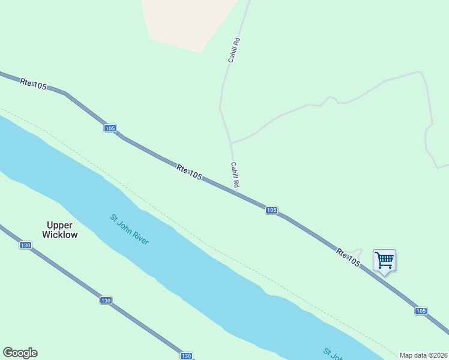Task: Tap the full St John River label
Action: pyautogui.click(x=129, y=229)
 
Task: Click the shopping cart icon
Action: pyautogui.click(x=384, y=260)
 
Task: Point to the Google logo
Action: pyautogui.click(x=20, y=353)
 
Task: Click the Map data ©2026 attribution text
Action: pyautogui.click(x=423, y=355)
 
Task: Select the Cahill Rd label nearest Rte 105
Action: pyautogui.click(x=235, y=175)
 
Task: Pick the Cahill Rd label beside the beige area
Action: pyautogui.click(x=234, y=50)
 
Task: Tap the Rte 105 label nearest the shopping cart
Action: pyautogui.click(x=348, y=258)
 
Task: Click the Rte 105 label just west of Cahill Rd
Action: pyautogui.click(x=189, y=172)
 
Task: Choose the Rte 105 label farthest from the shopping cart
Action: pyautogui.click(x=33, y=84)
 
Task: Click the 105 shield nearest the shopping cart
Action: pyautogui.click(x=421, y=311)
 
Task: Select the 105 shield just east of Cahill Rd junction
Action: pyautogui.click(x=271, y=210)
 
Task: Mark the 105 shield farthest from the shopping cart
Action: pyautogui.click(x=109, y=128)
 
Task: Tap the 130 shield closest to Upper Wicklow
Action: pyautogui.click(x=25, y=245)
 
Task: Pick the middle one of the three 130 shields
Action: pyautogui.click(x=106, y=300)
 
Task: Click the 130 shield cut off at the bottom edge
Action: pyautogui.click(x=186, y=356)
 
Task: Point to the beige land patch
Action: pyautogui.click(x=186, y=21)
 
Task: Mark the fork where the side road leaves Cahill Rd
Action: pyautogui.click(x=231, y=143)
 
